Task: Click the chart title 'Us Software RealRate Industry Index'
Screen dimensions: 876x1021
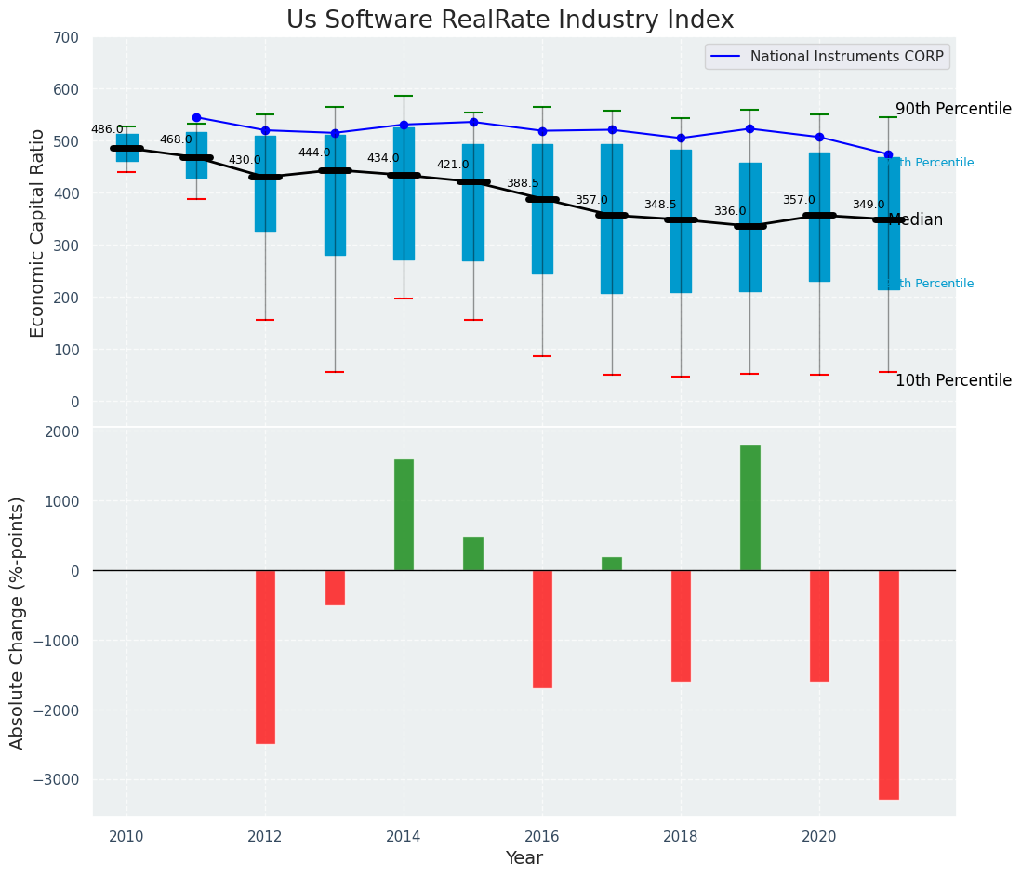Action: (510, 20)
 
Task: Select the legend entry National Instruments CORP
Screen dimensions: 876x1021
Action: (846, 57)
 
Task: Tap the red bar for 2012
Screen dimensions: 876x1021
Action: (265, 657)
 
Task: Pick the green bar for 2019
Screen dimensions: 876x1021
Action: (749, 508)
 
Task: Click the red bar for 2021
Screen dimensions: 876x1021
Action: (888, 684)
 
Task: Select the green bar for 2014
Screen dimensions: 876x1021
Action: (404, 514)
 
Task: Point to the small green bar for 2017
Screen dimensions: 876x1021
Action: (611, 564)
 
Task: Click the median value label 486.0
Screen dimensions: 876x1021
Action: (107, 129)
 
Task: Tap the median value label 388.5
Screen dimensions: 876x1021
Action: (523, 183)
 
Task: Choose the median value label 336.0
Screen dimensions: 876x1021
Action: (730, 211)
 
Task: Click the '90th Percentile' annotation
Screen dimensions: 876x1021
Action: (953, 109)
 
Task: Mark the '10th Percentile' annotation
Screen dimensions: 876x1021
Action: (953, 380)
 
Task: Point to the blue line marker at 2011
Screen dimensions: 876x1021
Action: (196, 118)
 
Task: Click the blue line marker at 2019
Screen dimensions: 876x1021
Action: (749, 128)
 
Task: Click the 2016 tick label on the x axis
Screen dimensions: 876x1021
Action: (542, 836)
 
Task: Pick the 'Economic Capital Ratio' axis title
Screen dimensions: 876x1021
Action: (38, 232)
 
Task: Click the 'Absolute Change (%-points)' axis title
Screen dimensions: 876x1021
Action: (18, 622)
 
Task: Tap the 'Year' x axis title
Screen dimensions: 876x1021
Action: (524, 858)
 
